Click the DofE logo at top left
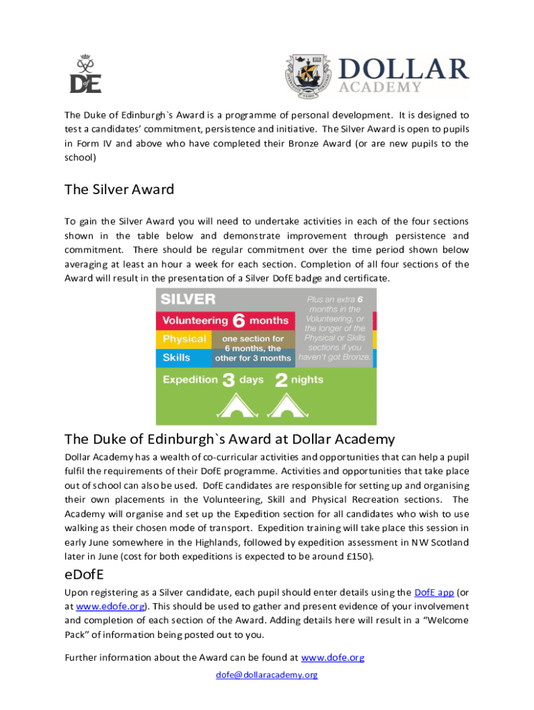[x=85, y=74]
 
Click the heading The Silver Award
[x=119, y=189]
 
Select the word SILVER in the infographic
[x=188, y=300]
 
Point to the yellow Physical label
[x=184, y=339]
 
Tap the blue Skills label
[x=177, y=358]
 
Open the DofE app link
[x=433, y=592]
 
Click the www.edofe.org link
[x=110, y=606]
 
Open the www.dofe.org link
[x=332, y=657]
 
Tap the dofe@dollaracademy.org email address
[x=267, y=674]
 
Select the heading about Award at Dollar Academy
[x=230, y=439]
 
